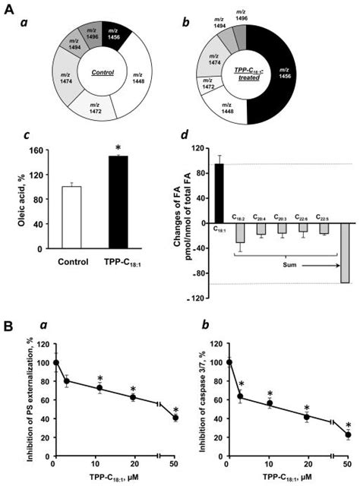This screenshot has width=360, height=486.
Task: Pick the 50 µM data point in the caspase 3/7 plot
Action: tap(348, 435)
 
